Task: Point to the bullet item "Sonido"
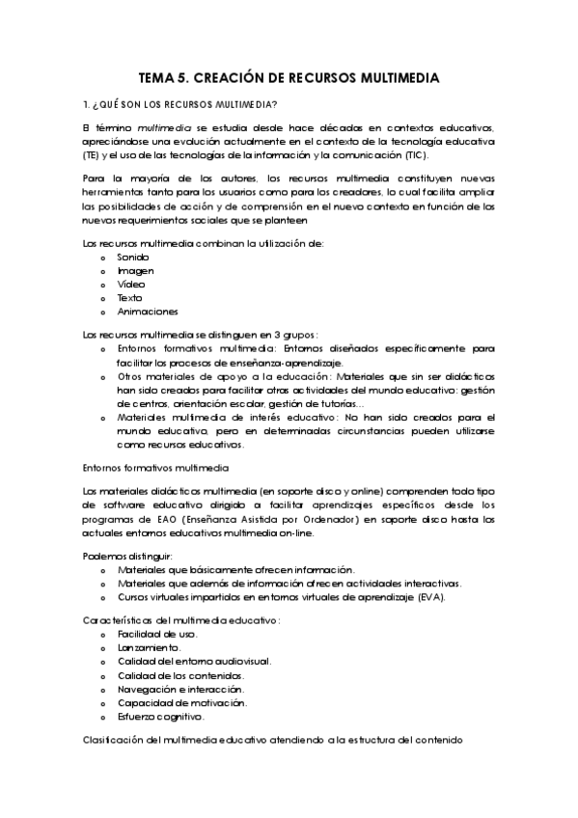click(133, 258)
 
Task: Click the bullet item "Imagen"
click(136, 271)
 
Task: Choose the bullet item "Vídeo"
click(131, 285)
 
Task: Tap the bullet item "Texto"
click(130, 298)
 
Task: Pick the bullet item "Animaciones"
click(148, 312)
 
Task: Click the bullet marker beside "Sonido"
click(103, 259)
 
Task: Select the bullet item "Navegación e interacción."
click(180, 689)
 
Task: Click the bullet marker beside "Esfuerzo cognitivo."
click(103, 717)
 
